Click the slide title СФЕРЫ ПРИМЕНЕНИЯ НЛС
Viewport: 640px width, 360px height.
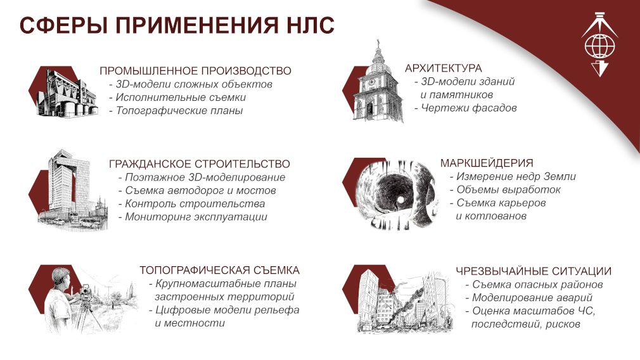177,25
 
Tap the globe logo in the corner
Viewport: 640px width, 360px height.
599,45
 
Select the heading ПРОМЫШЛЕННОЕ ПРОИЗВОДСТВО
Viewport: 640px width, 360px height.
196,70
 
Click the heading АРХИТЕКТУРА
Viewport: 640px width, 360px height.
444,68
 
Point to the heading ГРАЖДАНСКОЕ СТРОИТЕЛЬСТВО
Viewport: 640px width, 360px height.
199,164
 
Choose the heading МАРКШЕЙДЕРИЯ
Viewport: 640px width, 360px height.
487,163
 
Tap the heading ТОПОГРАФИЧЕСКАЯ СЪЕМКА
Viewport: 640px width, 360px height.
220,270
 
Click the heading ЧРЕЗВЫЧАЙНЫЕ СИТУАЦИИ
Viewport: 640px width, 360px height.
534,271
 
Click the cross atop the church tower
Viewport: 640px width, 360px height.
378,43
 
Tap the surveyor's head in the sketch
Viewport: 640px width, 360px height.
61,278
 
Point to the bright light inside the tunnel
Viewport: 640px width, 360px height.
401,200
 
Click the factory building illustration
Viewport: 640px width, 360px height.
67,93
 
